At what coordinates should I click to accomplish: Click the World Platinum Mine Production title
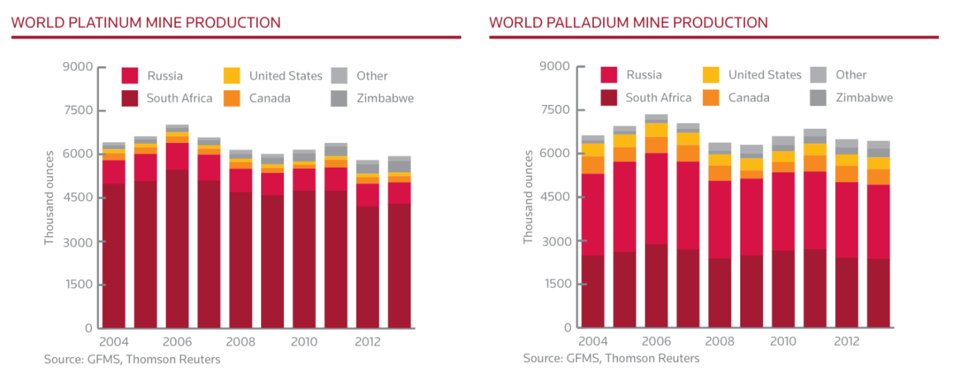[x=146, y=23]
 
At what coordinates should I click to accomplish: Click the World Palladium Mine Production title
[x=628, y=23]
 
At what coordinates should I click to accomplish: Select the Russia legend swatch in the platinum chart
[x=130, y=75]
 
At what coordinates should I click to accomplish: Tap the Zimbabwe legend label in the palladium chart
[x=864, y=98]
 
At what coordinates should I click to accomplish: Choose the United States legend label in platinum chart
[x=285, y=75]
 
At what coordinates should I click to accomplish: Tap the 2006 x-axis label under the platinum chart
[x=177, y=342]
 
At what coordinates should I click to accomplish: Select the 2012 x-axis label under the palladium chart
[x=847, y=341]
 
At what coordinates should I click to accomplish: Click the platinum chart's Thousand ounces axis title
[x=49, y=198]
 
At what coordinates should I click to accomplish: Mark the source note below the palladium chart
[x=611, y=359]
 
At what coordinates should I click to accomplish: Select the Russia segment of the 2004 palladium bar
[x=592, y=214]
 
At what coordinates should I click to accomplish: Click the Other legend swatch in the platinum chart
[x=339, y=75]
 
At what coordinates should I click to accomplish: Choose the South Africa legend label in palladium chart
[x=658, y=98]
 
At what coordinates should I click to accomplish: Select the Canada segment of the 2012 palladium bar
[x=847, y=174]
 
